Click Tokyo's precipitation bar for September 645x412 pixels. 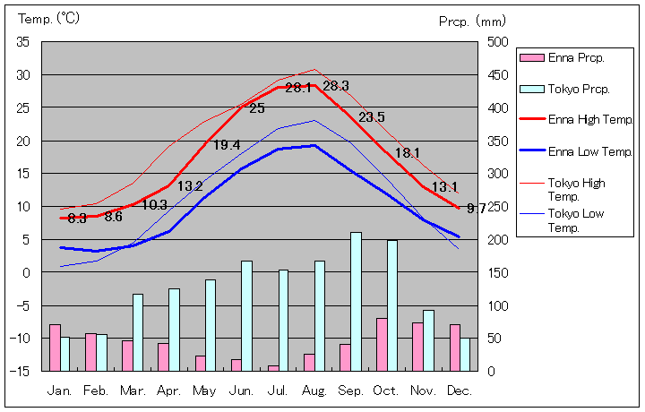tap(356, 301)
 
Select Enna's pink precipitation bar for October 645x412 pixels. tap(382, 344)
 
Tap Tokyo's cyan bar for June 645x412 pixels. tap(246, 315)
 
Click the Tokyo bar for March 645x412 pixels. tap(138, 331)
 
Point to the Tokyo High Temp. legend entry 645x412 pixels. tap(575, 189)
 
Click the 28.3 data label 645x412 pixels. tap(336, 86)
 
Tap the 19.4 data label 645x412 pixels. tap(226, 145)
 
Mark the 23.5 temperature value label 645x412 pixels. tap(372, 117)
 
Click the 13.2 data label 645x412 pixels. tap(190, 186)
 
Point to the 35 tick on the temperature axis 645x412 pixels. tap(23, 42)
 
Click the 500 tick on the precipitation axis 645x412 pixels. tap(499, 42)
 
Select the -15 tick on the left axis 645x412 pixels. tap(21, 371)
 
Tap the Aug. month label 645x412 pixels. tap(314, 391)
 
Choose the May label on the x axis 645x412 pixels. tap(204, 391)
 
